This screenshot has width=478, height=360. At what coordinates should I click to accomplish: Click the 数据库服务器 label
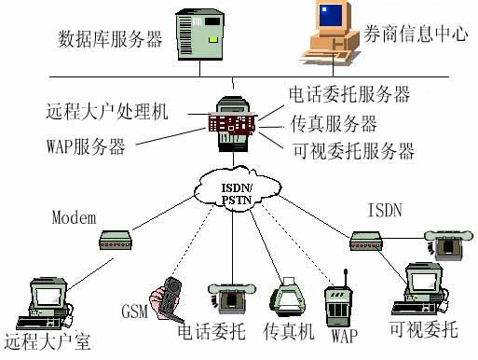click(110, 39)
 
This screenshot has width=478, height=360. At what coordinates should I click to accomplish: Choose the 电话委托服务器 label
click(348, 94)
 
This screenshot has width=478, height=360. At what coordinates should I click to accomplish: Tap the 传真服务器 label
click(334, 123)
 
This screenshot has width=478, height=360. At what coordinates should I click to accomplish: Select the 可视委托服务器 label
click(352, 150)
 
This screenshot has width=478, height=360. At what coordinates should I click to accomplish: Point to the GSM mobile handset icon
click(169, 298)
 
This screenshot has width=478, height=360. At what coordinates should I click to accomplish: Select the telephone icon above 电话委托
click(226, 298)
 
